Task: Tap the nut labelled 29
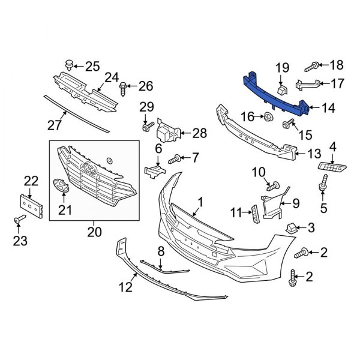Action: pos(146,127)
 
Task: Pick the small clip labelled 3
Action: pos(291,227)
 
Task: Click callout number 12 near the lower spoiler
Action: pos(125,287)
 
